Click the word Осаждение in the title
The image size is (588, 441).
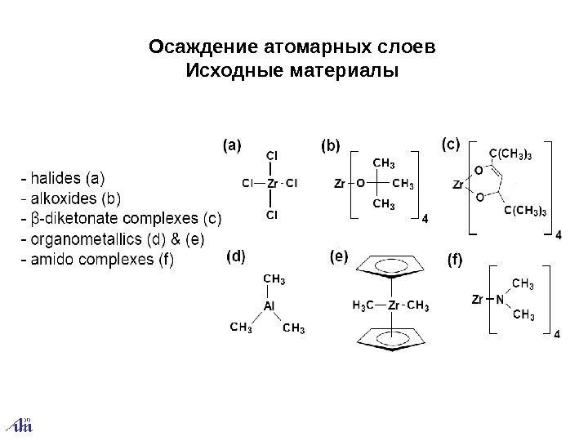pyautogui.click(x=193, y=45)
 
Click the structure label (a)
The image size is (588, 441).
pyautogui.click(x=233, y=146)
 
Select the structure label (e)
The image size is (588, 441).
pyautogui.click(x=338, y=256)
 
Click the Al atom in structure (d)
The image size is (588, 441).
pyautogui.click(x=269, y=305)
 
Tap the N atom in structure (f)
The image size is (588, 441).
pyautogui.click(x=498, y=299)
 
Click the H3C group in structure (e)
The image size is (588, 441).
pyautogui.click(x=363, y=306)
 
